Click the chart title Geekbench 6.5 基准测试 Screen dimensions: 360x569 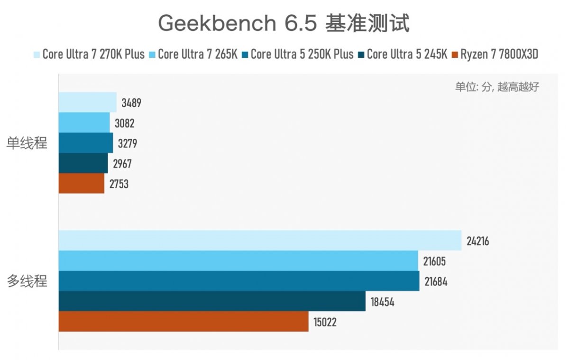(284, 23)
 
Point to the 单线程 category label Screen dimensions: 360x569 (27, 143)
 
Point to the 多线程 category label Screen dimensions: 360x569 (27, 281)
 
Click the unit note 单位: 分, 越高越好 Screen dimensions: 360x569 (497, 87)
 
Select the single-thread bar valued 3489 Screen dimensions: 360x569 (87, 102)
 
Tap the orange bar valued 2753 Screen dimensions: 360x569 (81, 184)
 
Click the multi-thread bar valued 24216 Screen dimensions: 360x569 (260, 240)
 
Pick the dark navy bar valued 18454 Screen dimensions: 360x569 (212, 301)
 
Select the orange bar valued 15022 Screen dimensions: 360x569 (184, 322)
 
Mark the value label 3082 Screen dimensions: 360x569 (125, 123)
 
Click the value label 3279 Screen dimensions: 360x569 (128, 144)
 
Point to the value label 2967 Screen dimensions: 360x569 (122, 164)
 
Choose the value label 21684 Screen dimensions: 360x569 (436, 281)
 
